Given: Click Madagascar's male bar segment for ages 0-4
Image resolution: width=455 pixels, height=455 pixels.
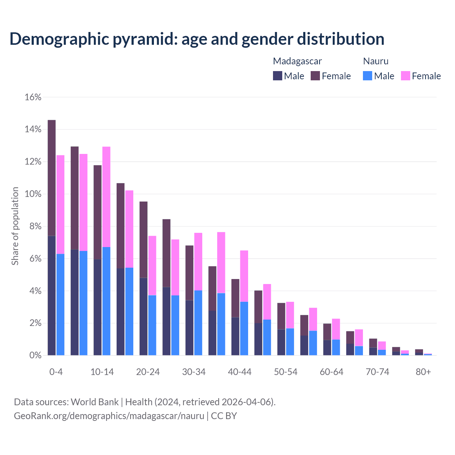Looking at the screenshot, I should tap(52, 295).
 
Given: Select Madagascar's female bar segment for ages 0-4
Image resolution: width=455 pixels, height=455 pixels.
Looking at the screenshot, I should tap(52, 178).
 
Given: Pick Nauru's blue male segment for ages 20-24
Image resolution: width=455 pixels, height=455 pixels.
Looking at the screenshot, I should tap(152, 325).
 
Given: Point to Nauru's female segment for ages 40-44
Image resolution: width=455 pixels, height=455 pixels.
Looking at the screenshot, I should tap(244, 276).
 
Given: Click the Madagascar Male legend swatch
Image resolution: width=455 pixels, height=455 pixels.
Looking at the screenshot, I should tap(278, 76).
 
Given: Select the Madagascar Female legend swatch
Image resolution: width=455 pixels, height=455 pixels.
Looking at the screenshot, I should tap(315, 76).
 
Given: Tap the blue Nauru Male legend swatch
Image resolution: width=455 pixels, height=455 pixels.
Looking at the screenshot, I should tap(368, 76).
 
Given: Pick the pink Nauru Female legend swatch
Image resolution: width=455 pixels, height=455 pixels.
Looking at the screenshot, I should tap(406, 76).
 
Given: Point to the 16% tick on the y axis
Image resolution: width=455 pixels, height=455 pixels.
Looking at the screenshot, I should tap(33, 97).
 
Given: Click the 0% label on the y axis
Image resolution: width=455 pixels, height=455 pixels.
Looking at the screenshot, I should tap(35, 355).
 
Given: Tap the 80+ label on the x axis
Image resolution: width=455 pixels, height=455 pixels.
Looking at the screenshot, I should tap(423, 372).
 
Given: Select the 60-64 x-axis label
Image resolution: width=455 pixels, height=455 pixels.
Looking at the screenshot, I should tap(332, 372).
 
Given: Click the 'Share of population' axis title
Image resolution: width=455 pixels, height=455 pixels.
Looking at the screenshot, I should tap(15, 226).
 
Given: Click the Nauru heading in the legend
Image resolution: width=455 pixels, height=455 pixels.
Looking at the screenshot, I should tap(376, 61).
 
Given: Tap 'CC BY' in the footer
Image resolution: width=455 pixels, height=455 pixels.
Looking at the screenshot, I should tap(224, 416).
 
